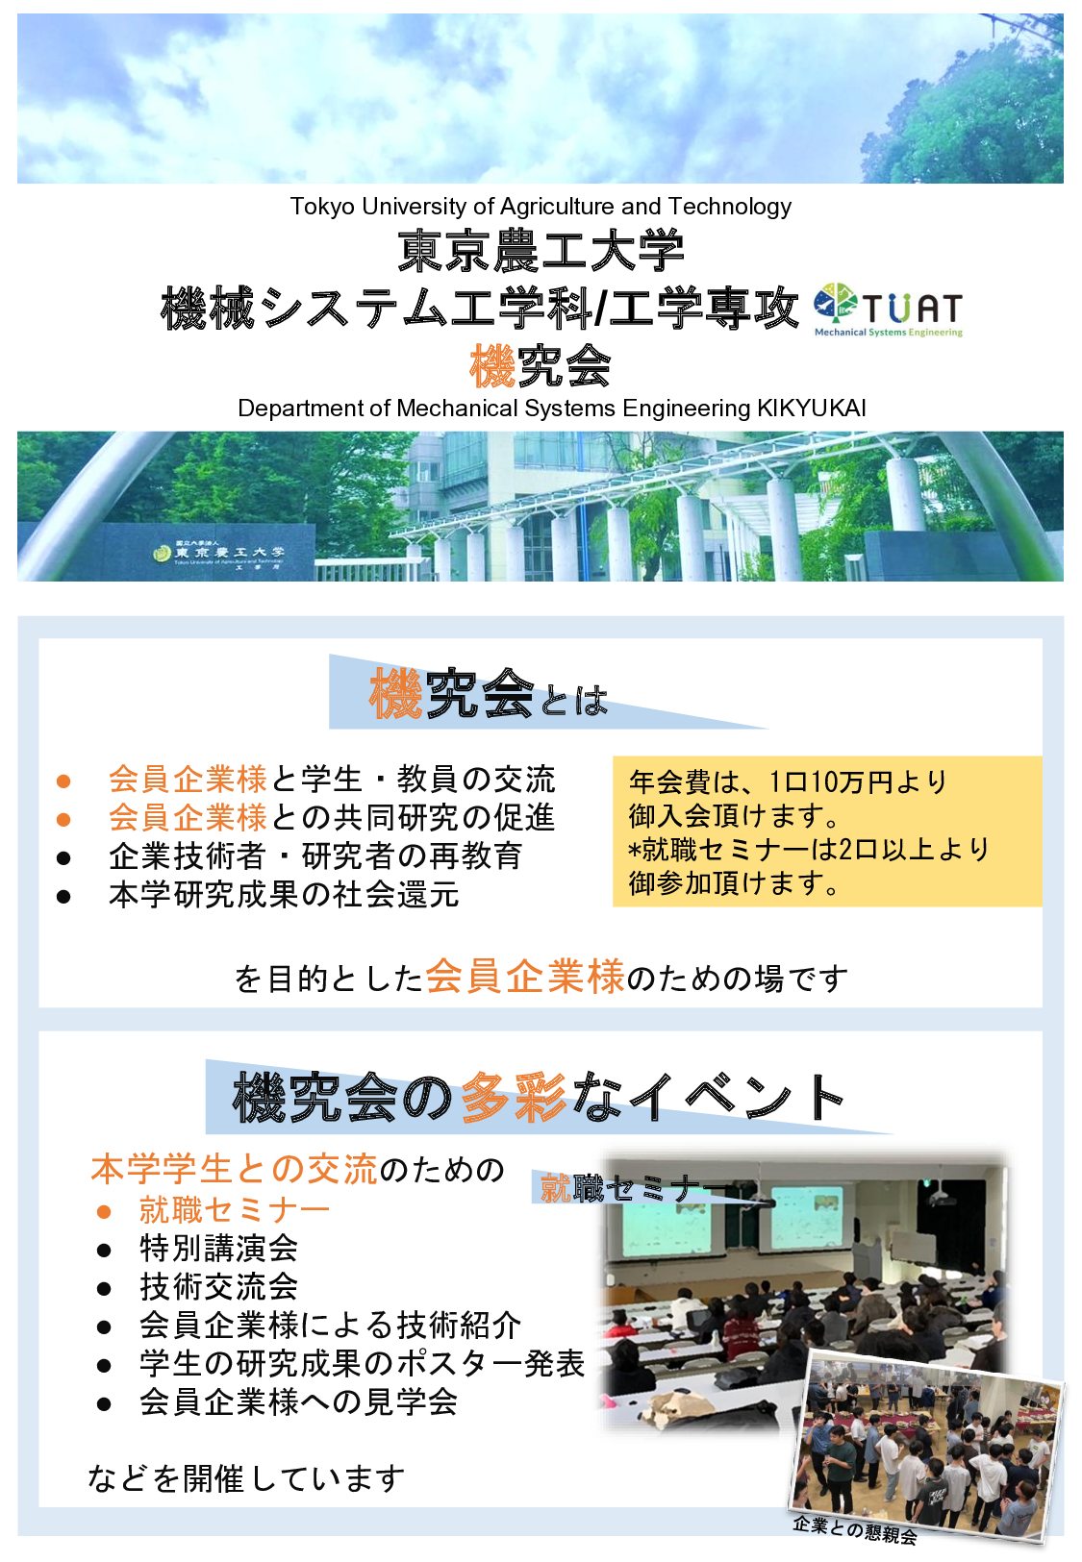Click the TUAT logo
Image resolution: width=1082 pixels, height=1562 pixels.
point(888,310)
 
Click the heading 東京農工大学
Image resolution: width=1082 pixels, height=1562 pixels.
point(541,251)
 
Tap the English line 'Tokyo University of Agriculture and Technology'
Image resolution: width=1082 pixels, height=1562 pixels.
point(541,207)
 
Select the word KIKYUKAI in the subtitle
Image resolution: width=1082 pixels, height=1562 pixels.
point(811,409)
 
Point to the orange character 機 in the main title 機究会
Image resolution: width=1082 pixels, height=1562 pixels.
point(492,366)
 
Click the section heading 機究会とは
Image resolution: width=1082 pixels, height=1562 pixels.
point(489,694)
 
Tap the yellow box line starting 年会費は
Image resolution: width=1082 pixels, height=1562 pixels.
point(788,781)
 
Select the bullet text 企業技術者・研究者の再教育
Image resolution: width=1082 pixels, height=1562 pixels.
point(315,855)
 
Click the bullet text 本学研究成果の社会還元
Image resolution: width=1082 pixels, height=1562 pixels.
point(284,895)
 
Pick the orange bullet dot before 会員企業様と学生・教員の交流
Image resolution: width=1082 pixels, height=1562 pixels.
point(63,781)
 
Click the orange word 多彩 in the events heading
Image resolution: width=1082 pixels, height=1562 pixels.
point(514,1097)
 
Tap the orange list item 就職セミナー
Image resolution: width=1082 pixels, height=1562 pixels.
point(235,1209)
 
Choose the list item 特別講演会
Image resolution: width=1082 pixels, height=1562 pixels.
point(218,1248)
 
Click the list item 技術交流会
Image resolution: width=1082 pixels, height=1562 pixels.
point(218,1286)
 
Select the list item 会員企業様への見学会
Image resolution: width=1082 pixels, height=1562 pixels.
point(298,1402)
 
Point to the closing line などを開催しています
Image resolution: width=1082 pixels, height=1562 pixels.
point(246,1478)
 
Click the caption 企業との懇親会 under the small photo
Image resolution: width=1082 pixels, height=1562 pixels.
point(854,1528)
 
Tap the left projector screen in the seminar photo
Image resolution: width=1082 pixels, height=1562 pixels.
point(664,1221)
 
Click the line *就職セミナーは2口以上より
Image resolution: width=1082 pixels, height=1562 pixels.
point(808,849)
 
